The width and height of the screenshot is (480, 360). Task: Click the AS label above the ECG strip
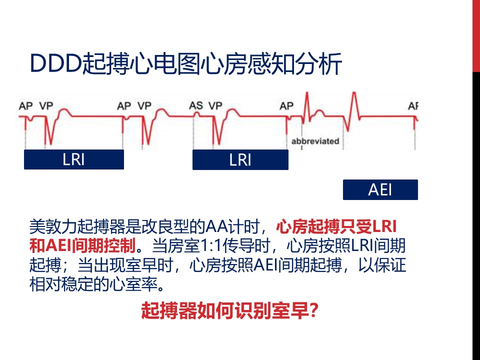click(196, 106)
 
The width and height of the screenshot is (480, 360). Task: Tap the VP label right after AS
click(215, 106)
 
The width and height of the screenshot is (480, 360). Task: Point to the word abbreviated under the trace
click(315, 141)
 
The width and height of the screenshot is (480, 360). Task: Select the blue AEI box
click(380, 189)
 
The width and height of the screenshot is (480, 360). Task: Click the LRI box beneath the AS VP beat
click(240, 159)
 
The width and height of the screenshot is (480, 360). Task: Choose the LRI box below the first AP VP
click(73, 159)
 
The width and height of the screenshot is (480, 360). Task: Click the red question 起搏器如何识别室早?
click(229, 310)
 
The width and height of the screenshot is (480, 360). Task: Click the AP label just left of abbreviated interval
click(286, 106)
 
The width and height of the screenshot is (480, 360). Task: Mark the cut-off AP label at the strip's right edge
click(413, 106)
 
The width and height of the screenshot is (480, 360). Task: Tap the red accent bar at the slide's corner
click(476, 35)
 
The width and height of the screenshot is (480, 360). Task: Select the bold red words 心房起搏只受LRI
click(336, 226)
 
